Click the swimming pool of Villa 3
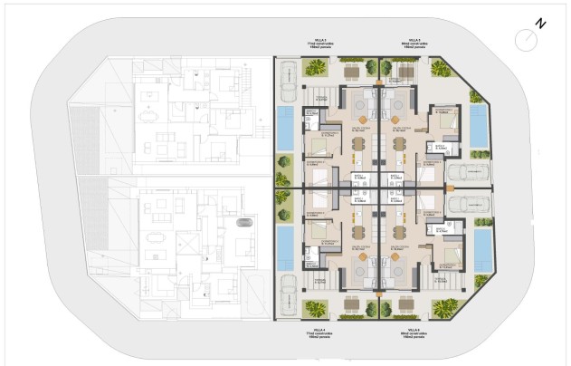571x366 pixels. (x=285, y=128)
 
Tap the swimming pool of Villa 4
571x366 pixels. (x=285, y=248)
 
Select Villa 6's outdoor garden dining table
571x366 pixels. (x=398, y=302)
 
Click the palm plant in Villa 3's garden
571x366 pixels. (x=317, y=66)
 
